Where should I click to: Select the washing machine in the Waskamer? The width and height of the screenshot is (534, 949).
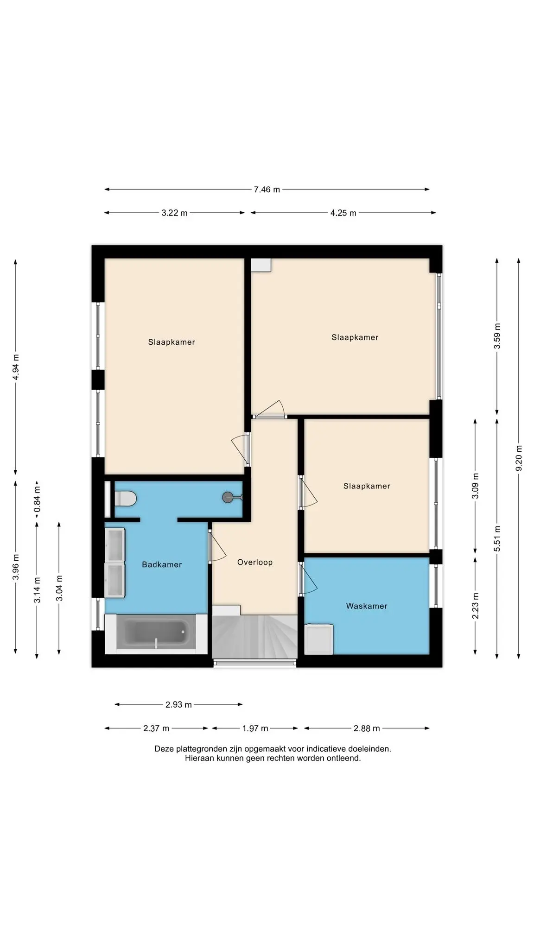pos(318,639)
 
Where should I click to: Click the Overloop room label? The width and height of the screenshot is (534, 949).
pos(255,562)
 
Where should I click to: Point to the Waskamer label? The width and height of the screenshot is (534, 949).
pos(367,606)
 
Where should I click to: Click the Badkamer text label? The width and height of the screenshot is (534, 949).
pos(162,564)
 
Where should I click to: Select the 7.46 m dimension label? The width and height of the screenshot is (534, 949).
pos(267,190)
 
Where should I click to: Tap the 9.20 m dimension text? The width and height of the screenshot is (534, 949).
pos(519,458)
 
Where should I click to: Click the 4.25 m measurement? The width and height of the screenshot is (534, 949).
pos(343,213)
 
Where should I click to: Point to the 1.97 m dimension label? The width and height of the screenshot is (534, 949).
pos(255,728)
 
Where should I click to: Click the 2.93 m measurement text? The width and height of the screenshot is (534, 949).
pos(178,705)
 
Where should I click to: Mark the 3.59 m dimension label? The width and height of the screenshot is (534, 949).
pos(497,336)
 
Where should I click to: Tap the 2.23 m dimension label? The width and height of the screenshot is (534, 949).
pos(475,606)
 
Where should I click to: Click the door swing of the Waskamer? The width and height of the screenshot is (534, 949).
pos(310,579)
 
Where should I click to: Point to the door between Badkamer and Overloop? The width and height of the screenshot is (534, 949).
pos(217,547)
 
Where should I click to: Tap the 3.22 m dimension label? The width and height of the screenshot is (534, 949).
pos(175,213)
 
